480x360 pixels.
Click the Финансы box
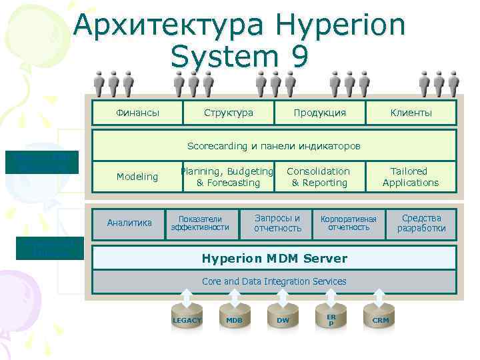(137, 113)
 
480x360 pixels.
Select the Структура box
(228, 113)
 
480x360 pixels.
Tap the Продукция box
(320, 113)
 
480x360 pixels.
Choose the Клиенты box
(411, 113)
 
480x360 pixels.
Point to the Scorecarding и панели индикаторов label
(273, 145)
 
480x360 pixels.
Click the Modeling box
(137, 177)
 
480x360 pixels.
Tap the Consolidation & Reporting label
(319, 177)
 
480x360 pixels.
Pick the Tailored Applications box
(411, 177)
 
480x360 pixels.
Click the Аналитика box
(129, 223)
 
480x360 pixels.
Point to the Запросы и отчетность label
(277, 223)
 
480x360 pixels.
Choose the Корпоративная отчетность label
(349, 223)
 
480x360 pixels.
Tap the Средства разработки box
(421, 223)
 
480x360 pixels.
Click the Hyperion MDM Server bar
(273, 257)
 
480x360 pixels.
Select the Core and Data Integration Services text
(273, 281)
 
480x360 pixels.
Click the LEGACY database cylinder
(187, 319)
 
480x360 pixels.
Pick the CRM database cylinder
(380, 319)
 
